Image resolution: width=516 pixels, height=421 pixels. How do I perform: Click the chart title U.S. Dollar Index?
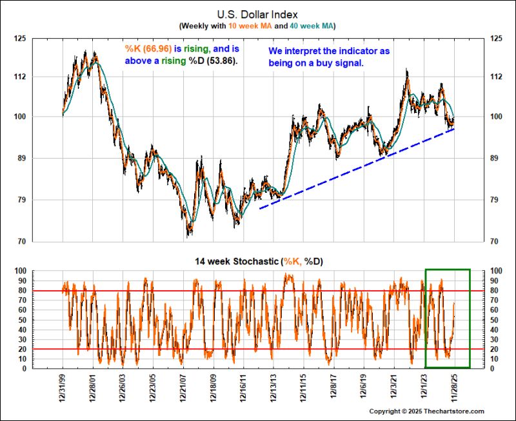coord(257,15)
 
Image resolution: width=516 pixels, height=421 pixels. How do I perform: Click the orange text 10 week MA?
coord(250,26)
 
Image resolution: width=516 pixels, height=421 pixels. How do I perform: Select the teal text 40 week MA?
coord(312,26)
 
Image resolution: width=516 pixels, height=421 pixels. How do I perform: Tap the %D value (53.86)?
coord(222,61)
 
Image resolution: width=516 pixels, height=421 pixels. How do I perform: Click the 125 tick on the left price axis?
coord(20,39)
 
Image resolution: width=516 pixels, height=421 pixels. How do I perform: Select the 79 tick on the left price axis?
coord(21,200)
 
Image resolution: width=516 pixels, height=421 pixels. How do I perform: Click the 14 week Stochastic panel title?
coord(259,262)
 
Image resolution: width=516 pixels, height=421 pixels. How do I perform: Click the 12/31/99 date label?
coord(63,388)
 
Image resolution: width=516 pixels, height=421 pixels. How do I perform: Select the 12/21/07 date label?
coord(184,388)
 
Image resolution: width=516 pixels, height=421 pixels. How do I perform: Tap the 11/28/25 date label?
coord(455,388)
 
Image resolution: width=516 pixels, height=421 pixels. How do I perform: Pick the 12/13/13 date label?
coord(273,388)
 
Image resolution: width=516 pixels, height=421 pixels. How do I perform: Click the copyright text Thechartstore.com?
coord(454,411)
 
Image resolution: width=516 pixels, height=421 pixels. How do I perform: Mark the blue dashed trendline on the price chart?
coord(357,169)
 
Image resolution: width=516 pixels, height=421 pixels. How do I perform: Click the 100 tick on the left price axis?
coord(20,117)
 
